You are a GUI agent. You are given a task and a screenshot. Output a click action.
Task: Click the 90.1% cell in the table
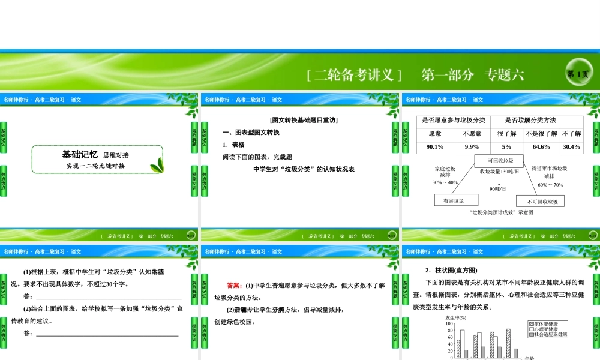click(x=435, y=147)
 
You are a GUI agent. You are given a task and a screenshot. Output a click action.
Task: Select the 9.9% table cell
click(x=472, y=147)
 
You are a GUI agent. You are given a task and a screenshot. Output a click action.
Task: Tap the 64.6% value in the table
click(x=541, y=147)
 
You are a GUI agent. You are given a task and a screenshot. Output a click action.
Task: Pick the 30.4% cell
click(x=571, y=147)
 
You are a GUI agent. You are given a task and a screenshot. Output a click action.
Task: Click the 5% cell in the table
click(x=506, y=147)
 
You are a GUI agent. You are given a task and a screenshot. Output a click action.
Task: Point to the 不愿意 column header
click(x=472, y=133)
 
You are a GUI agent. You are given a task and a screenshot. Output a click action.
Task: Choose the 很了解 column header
click(x=506, y=133)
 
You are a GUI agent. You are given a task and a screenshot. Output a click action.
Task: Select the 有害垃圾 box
click(x=456, y=200)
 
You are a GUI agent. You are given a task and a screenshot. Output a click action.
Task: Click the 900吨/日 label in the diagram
click(x=499, y=189)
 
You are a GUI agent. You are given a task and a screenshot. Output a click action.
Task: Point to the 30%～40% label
click(x=445, y=182)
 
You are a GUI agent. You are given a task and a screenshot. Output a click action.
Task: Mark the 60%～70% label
click(x=550, y=185)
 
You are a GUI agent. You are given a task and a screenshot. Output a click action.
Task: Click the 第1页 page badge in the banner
click(x=578, y=74)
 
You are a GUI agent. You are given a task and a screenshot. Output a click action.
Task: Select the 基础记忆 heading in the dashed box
click(x=80, y=154)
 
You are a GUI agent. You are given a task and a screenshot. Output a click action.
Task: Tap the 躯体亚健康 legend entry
click(x=548, y=324)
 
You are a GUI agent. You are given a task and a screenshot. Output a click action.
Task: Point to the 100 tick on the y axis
click(x=449, y=323)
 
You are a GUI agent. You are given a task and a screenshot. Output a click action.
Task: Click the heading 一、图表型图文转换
click(x=251, y=132)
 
